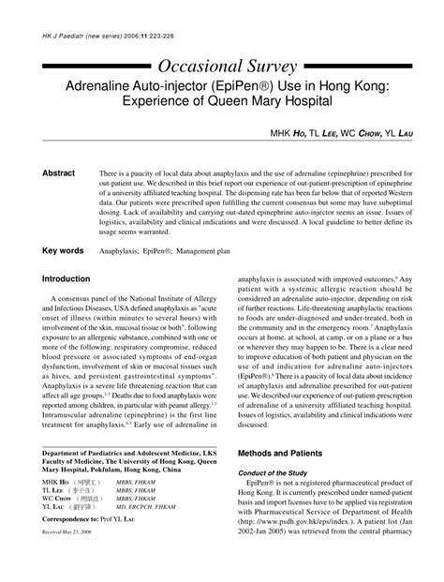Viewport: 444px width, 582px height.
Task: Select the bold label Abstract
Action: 58,174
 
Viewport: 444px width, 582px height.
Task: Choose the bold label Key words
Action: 62,251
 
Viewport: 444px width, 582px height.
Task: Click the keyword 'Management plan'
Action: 223,251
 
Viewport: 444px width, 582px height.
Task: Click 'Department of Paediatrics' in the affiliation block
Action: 94,476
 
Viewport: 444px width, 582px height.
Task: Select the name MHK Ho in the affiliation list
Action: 52,506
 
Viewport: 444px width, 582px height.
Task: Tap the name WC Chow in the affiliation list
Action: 53,525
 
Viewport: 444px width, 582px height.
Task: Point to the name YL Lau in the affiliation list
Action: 52,533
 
